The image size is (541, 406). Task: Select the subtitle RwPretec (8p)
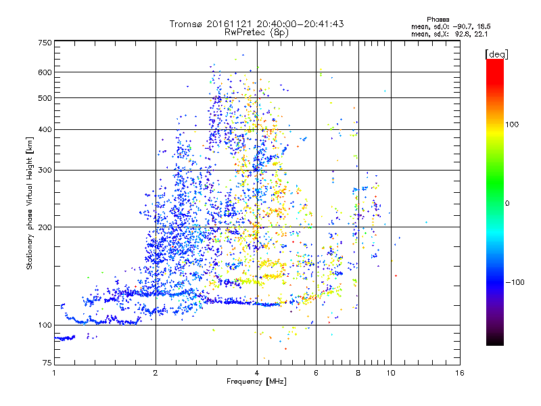click(x=257, y=32)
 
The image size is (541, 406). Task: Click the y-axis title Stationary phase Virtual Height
click(x=30, y=202)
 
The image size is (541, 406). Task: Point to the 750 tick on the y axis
click(x=45, y=42)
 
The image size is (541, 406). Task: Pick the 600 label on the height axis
click(x=45, y=72)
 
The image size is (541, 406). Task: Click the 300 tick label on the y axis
click(x=45, y=170)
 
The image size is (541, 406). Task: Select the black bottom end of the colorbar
click(x=494, y=342)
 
